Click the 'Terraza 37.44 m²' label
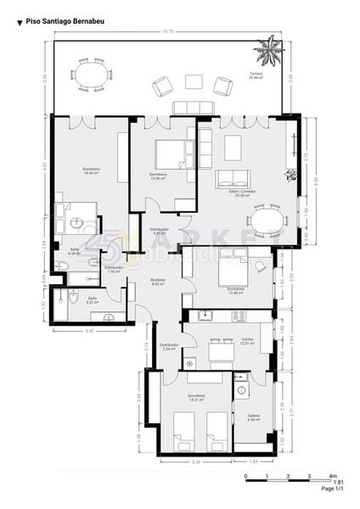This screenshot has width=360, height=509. tap(256, 75)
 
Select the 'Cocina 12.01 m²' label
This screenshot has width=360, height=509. tap(247, 343)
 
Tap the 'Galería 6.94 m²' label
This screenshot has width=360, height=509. tap(254, 417)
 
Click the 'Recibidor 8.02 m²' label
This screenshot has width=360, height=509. tap(157, 282)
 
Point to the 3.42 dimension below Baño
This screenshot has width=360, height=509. tap(89, 331)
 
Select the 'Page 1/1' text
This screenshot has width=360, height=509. tap(333, 489)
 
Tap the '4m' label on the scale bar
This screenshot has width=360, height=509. tap(333, 475)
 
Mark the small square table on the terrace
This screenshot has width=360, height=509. tap(193, 81)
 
